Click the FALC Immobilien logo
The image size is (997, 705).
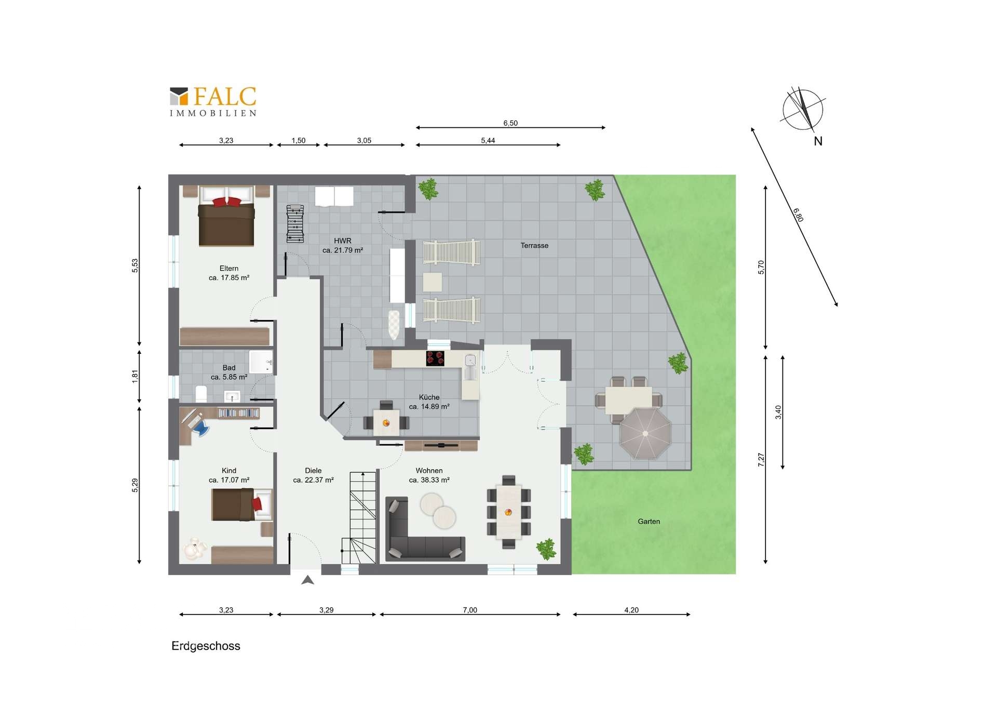click(x=213, y=102)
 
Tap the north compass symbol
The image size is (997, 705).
click(x=803, y=110)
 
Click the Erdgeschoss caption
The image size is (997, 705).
click(x=206, y=646)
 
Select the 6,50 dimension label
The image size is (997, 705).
click(x=510, y=123)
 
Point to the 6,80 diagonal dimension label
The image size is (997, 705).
click(x=798, y=215)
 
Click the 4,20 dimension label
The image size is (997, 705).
click(x=631, y=610)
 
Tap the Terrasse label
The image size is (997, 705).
click(x=534, y=245)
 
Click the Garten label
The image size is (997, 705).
click(x=649, y=521)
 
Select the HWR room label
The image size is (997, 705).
click(x=343, y=241)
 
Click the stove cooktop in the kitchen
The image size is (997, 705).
click(x=435, y=358)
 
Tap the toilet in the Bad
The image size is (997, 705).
click(x=201, y=394)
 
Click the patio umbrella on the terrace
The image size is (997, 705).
click(x=645, y=433)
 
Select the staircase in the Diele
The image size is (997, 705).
click(x=359, y=518)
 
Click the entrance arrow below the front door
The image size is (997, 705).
click(x=307, y=580)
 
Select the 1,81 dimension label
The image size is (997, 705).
click(x=135, y=376)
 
